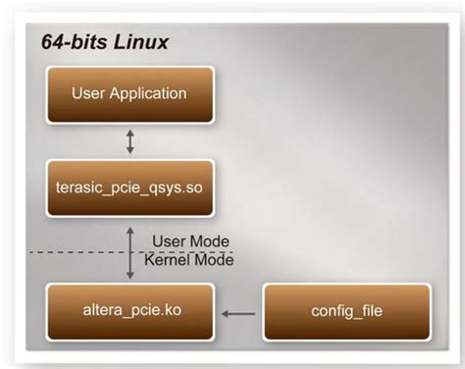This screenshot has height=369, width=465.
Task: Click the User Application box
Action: (129, 95)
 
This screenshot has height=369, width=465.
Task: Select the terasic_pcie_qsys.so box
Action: (129, 187)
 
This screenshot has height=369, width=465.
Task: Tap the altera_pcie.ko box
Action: (129, 312)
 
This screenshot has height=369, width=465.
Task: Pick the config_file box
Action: (346, 312)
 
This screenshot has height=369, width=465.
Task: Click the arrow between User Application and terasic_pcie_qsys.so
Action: (130, 141)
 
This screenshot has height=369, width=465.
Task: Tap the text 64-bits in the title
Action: (69, 43)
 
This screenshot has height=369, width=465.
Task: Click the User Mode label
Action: (190, 241)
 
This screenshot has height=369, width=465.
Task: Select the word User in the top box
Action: (89, 95)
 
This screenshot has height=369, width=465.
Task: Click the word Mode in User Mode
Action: (210, 241)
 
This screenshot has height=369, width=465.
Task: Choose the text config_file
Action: (346, 312)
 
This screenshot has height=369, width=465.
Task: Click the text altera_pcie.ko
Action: (129, 312)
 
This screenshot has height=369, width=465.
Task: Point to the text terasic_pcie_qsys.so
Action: (129, 187)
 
